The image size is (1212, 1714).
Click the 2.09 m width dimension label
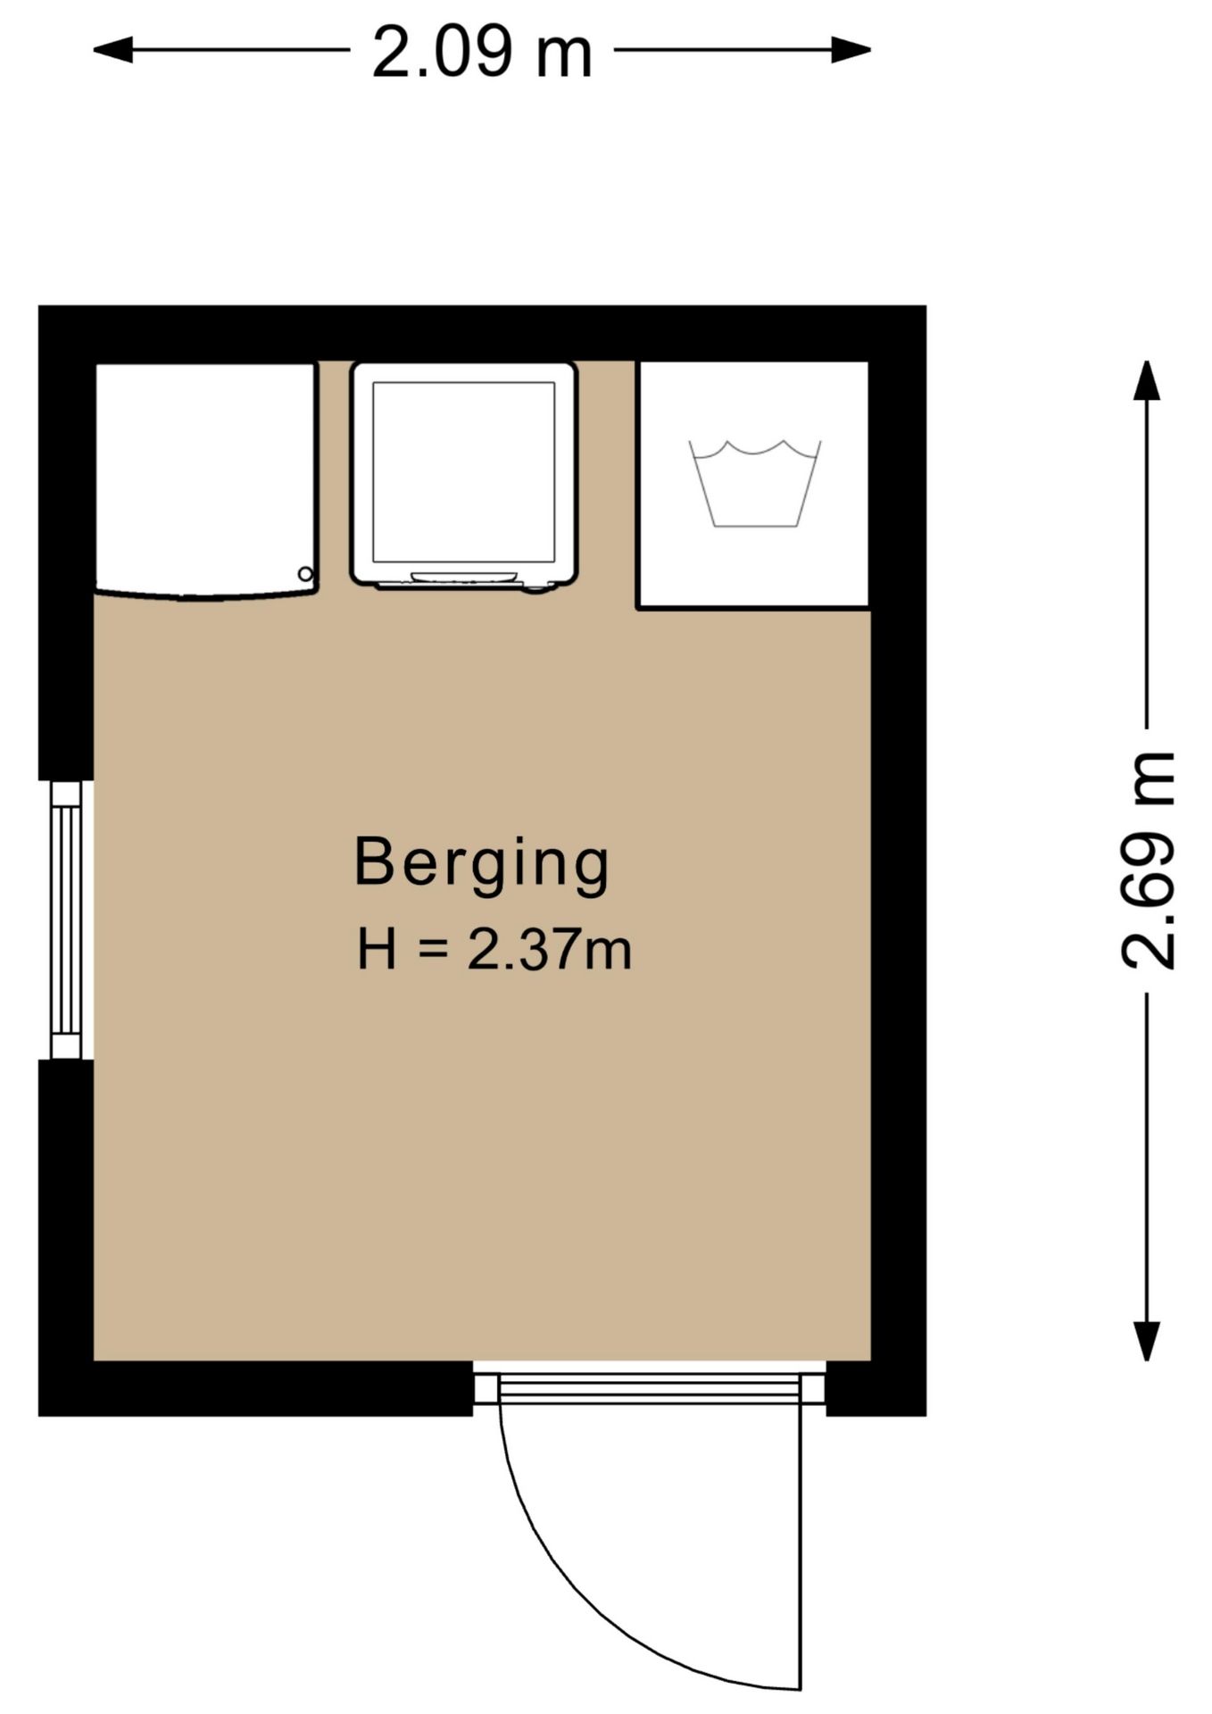[482, 53]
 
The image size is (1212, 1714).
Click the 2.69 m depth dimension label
[1149, 860]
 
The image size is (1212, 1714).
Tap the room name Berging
[482, 863]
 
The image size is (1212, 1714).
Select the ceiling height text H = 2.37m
[494, 949]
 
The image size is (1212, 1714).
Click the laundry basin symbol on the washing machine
[755, 483]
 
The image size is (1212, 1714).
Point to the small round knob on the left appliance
[305, 574]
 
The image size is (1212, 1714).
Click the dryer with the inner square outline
[464, 476]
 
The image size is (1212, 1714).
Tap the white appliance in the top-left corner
[206, 480]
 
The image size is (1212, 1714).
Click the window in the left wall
[66, 919]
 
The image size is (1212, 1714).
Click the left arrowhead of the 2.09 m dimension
[113, 50]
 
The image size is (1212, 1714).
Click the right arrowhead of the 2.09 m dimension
[851, 50]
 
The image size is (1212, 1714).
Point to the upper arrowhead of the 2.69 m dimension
[1147, 380]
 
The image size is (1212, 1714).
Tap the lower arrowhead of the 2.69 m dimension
[1147, 1341]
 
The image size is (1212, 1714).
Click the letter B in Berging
[373, 861]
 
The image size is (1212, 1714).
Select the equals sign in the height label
[431, 950]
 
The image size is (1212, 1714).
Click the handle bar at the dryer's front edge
[463, 578]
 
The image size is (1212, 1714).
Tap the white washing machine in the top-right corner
[753, 485]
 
